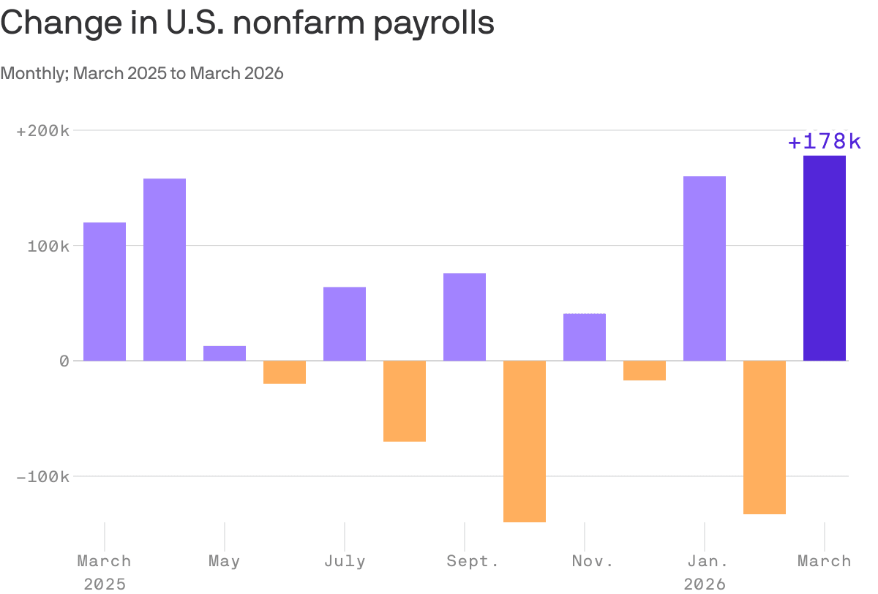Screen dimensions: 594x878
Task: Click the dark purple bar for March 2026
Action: (x=824, y=257)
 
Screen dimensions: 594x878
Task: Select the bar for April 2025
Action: (x=165, y=269)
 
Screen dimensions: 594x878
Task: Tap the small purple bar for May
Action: (x=225, y=353)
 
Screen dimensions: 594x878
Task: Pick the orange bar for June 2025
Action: (x=285, y=372)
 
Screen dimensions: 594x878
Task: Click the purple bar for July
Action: (x=345, y=323)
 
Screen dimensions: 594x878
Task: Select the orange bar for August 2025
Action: (x=405, y=401)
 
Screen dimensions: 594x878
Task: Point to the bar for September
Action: (x=465, y=317)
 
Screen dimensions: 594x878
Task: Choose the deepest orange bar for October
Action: (x=525, y=441)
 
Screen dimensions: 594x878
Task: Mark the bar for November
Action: (x=585, y=337)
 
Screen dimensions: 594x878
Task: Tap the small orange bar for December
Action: (x=645, y=371)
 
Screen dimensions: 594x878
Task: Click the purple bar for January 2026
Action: (x=705, y=268)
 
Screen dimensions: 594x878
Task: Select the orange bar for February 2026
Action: (x=765, y=437)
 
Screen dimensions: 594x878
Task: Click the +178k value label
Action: (x=824, y=142)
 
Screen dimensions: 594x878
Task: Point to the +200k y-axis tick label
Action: (x=43, y=131)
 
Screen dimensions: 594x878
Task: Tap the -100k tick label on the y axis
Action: (x=43, y=476)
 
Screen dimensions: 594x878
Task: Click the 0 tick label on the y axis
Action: (x=64, y=361)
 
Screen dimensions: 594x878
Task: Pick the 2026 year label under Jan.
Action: (x=705, y=584)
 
